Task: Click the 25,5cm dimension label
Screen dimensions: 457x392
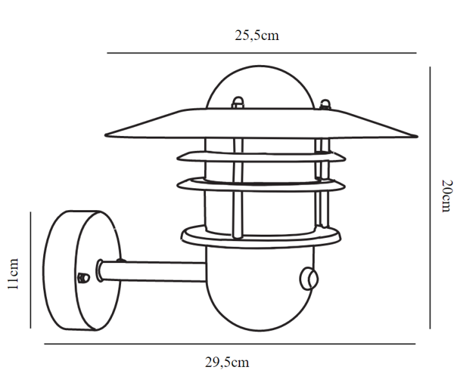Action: tap(257, 35)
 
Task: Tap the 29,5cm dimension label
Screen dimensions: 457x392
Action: tap(227, 362)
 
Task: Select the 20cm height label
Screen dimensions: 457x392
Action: tap(447, 196)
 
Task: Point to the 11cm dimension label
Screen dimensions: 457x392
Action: tap(13, 273)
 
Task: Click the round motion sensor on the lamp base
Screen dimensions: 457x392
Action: tap(309, 279)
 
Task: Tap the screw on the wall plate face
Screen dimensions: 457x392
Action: tap(84, 278)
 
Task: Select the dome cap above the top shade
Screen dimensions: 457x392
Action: tap(260, 88)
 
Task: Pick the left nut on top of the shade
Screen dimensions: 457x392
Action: tap(238, 103)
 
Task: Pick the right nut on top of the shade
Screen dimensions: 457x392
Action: tap(325, 104)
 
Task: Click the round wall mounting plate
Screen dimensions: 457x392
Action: tap(82, 271)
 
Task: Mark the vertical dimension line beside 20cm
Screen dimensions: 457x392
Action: tap(430, 198)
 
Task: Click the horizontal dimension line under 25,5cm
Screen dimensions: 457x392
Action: tap(261, 53)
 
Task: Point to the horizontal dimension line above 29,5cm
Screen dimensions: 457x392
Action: tap(230, 344)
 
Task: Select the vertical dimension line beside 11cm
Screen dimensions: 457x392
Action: tap(31, 270)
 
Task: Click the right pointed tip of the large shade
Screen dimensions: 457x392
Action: tap(417, 136)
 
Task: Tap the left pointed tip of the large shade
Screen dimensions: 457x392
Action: tap(106, 135)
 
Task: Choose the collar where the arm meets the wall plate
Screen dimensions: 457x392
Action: tap(100, 271)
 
